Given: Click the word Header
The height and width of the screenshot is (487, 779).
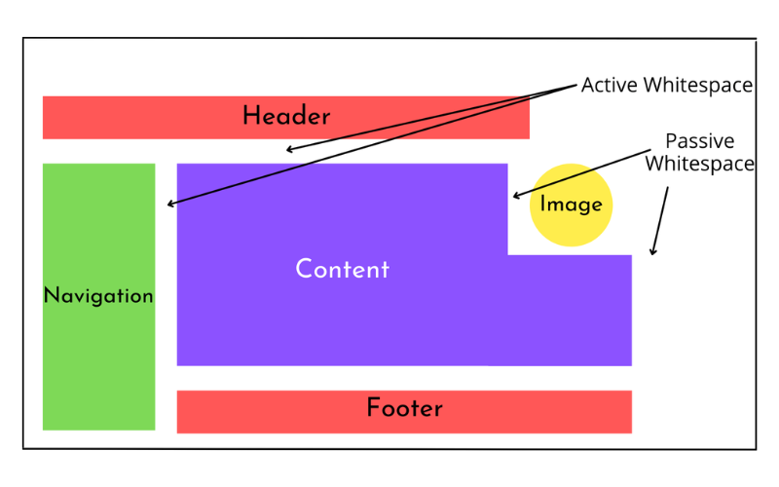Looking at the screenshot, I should click(x=286, y=117).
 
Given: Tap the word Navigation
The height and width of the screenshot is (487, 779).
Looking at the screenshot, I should click(x=98, y=296).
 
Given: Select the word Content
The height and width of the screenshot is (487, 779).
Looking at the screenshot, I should click(x=342, y=270).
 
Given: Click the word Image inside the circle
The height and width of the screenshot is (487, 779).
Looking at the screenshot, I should click(x=572, y=206).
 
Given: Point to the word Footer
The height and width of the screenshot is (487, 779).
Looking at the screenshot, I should click(x=404, y=409).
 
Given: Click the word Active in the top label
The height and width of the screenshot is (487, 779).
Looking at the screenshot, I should click(x=610, y=86).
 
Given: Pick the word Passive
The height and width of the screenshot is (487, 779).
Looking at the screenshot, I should click(x=699, y=141).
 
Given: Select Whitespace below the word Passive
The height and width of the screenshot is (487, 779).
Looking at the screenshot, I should click(x=699, y=164).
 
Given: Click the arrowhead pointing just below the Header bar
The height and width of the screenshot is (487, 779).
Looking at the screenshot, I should click(x=289, y=150).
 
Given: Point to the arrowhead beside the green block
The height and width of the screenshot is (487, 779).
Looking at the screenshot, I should click(x=171, y=204).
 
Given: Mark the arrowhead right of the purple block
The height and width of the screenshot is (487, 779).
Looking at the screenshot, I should click(x=653, y=250).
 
